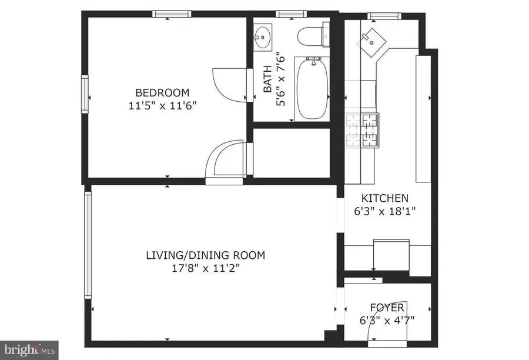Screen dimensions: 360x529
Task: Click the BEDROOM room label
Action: (x=162, y=92)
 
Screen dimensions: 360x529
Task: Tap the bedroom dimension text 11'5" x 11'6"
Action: (x=162, y=106)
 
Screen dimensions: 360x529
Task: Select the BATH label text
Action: (x=267, y=82)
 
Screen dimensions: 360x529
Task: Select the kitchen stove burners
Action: (x=361, y=130)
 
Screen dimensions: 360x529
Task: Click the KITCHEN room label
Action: (x=384, y=198)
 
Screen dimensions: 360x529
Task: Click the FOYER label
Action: (x=387, y=308)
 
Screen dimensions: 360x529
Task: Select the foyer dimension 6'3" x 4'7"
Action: (x=387, y=321)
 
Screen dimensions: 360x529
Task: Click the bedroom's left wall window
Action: (x=85, y=93)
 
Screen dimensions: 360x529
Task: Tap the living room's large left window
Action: (x=88, y=245)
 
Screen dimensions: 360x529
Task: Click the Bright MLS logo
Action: (x=29, y=349)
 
